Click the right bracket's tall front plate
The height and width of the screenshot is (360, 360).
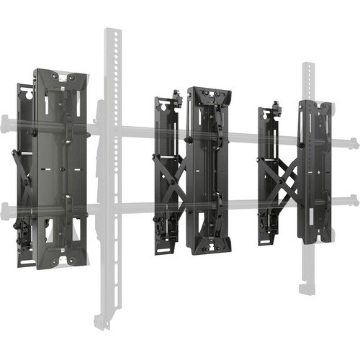tap(315, 173)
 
